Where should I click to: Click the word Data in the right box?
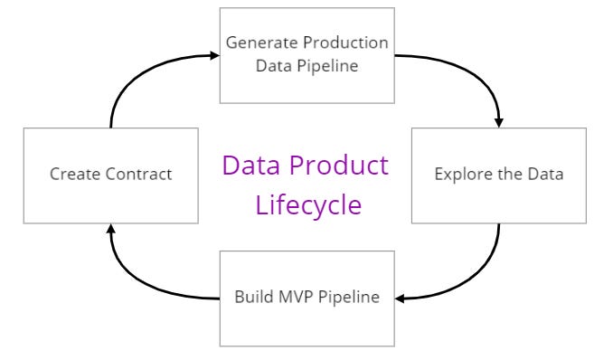pyautogui.click(x=545, y=175)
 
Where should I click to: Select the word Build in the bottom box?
pyautogui.click(x=253, y=297)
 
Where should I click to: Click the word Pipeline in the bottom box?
pyautogui.click(x=348, y=297)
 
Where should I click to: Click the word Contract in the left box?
pyautogui.click(x=139, y=175)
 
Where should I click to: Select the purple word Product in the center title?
pyautogui.click(x=340, y=166)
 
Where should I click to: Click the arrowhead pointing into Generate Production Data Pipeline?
pyautogui.click(x=214, y=55)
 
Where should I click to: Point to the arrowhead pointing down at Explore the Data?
pyautogui.click(x=499, y=121)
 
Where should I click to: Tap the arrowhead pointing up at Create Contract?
pyautogui.click(x=110, y=230)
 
